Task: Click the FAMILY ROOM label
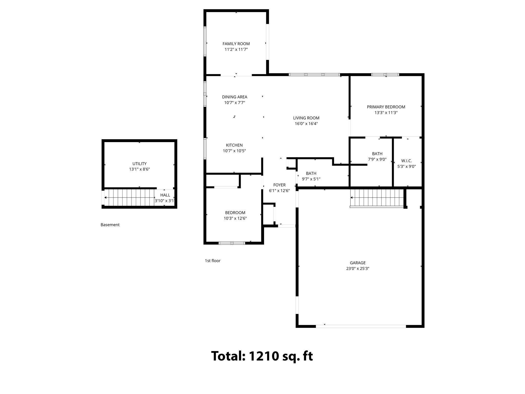(x=236, y=44)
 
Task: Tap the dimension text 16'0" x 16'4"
(x=306, y=124)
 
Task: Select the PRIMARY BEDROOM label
(x=386, y=107)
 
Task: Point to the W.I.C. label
(x=406, y=161)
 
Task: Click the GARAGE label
(x=358, y=263)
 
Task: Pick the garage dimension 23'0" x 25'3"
(x=358, y=269)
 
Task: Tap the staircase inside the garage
(x=377, y=198)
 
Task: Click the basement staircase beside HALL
(x=129, y=198)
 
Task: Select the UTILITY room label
(x=139, y=164)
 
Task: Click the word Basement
(x=110, y=225)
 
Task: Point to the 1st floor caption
(x=213, y=261)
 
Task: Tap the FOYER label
(x=279, y=185)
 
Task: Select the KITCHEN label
(x=234, y=145)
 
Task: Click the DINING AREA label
(x=235, y=97)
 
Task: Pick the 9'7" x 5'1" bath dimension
(x=311, y=179)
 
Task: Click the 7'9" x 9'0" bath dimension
(x=377, y=159)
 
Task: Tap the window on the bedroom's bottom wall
(x=232, y=243)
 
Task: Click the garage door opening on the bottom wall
(x=361, y=326)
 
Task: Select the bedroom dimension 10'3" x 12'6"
(x=235, y=218)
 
